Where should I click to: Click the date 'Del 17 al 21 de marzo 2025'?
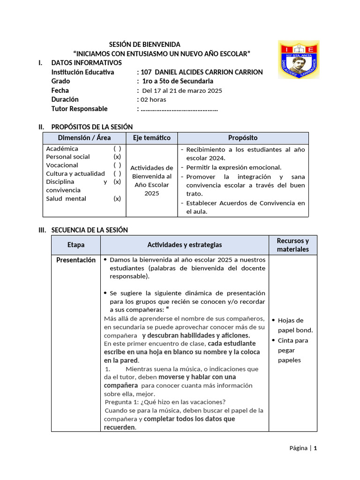point(182,90)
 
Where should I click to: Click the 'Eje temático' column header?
point(151,138)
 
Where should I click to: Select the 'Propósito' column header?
point(242,138)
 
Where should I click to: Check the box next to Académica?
point(117,149)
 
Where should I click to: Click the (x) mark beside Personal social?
point(117,157)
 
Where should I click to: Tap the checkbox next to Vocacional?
point(117,165)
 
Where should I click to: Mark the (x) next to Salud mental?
point(117,198)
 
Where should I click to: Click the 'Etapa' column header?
point(76,245)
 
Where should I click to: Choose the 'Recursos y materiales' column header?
point(292,245)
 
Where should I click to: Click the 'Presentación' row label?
point(76,260)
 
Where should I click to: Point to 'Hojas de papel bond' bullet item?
point(295,325)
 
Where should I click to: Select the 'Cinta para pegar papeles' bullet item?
point(293,350)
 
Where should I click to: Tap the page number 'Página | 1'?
point(303,448)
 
